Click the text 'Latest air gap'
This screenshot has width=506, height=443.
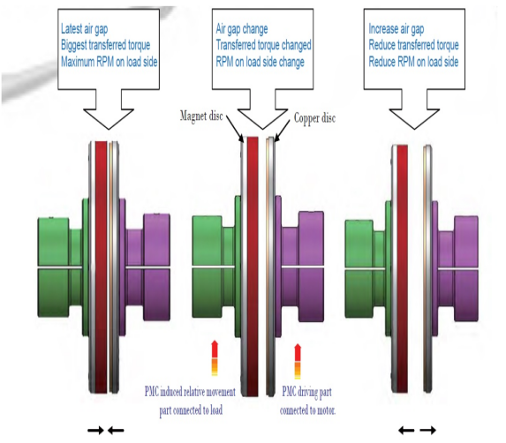click(84, 29)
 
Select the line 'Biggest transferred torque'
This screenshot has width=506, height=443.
click(105, 45)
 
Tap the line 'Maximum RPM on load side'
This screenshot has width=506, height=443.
click(110, 62)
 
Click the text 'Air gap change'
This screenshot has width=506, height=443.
click(242, 29)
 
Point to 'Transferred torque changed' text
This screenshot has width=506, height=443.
click(264, 45)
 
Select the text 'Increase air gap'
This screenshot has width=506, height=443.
click(396, 29)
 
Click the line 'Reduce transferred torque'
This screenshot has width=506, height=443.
click(413, 45)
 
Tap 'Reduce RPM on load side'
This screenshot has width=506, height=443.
click(413, 62)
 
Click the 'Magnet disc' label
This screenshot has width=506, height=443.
click(201, 116)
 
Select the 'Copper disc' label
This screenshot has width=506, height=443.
click(314, 118)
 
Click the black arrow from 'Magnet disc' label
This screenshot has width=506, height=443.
click(235, 129)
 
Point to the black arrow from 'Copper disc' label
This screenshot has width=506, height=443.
click(282, 131)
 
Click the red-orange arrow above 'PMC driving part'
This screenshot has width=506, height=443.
click(298, 362)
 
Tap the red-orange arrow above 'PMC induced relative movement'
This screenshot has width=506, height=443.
click(215, 358)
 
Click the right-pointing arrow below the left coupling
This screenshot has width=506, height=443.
click(96, 430)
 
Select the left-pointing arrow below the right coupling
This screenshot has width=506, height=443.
click(406, 430)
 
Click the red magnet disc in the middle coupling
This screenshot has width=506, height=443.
click(253, 267)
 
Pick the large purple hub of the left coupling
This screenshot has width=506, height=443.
click(156, 267)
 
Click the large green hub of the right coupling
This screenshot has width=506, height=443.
click(359, 269)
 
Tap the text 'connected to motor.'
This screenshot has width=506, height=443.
click(308, 410)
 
